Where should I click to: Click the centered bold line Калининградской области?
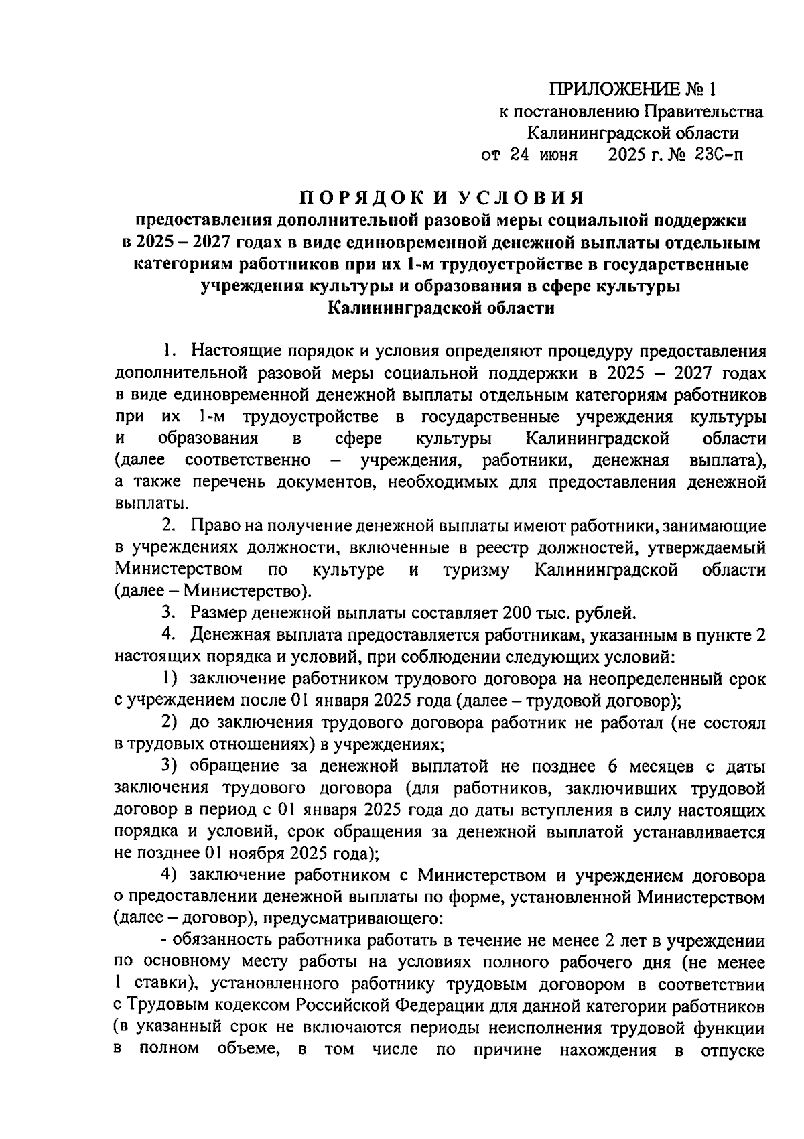442,308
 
